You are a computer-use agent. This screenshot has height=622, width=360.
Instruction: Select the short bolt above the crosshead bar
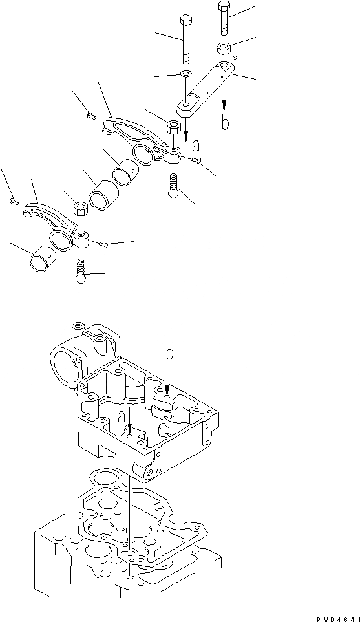224,17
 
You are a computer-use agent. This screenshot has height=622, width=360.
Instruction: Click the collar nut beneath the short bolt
224,48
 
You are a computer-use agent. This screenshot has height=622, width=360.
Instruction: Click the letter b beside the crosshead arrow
225,123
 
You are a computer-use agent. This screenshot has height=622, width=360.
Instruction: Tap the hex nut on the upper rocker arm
173,127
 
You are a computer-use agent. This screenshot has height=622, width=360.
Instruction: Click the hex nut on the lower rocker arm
80,209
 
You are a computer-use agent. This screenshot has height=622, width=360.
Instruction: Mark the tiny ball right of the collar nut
236,58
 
